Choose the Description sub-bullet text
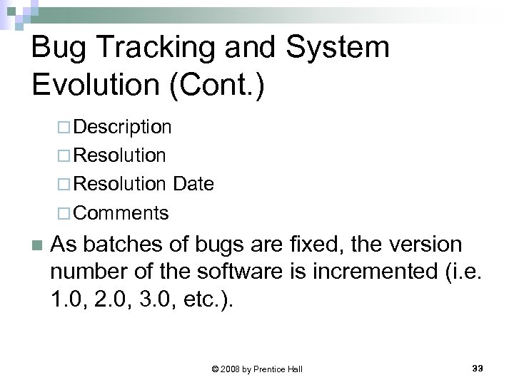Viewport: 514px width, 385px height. (122, 127)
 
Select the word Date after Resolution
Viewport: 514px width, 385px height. (192, 184)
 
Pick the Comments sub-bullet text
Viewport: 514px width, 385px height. (121, 212)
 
